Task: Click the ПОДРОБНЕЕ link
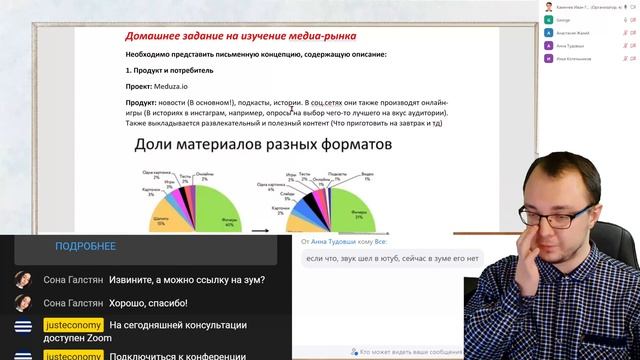click(85, 246)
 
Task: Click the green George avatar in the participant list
click(548, 19)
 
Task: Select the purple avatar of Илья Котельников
click(548, 58)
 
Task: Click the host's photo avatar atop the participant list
click(549, 6)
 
